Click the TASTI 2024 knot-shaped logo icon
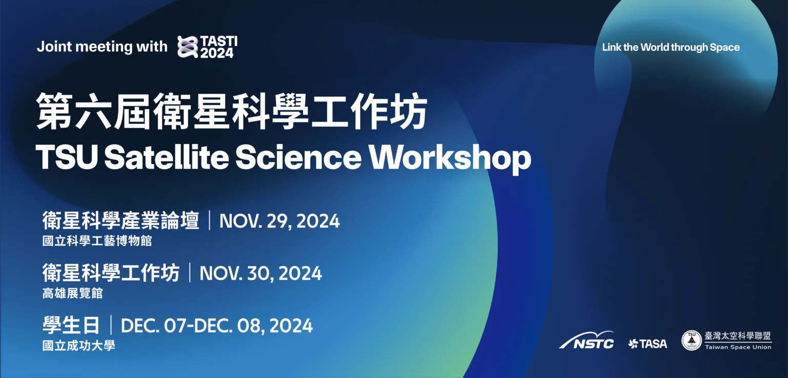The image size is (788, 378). coord(188,47)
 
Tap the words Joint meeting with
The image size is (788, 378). coord(102,47)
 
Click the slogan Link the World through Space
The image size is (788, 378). coord(671,47)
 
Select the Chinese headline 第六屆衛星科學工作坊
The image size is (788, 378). coord(231,111)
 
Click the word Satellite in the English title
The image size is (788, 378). coord(167,157)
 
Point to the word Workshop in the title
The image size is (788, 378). coord(450,159)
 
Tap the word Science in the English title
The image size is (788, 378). coord(298,157)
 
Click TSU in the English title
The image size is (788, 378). coord(67,157)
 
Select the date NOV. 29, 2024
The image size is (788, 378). coord(280,221)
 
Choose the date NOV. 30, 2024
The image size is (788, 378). coord(261,273)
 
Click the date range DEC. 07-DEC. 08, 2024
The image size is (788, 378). coord(216,326)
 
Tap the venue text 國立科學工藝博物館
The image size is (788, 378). coord(97,241)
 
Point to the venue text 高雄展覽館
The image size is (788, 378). coord(72,293)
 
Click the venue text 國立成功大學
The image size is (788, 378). coord(79,345)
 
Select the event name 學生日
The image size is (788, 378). coord(71,325)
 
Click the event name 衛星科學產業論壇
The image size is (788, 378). coord(121,221)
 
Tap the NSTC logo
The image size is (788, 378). coord(587,340)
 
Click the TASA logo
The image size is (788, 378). coord(647,344)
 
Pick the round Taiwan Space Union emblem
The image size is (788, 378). coord(692,341)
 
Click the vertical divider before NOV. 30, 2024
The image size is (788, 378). coord(190,272)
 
